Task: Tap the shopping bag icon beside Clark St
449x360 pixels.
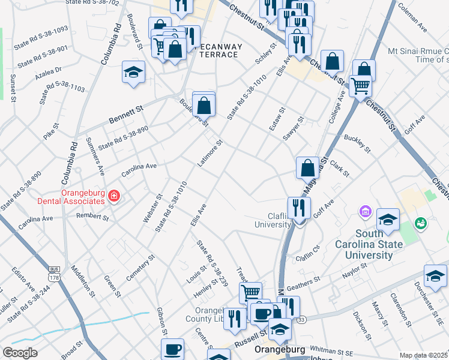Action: point(307,167)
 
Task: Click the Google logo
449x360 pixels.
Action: point(20,353)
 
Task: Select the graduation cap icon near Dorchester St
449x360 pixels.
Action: point(435,276)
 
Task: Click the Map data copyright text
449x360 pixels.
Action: point(423,355)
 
